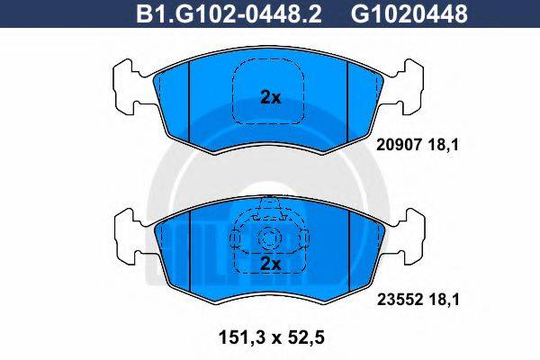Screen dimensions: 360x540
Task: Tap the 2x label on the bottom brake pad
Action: pyautogui.click(x=270, y=263)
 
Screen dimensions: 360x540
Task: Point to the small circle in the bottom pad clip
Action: pyautogui.click(x=269, y=239)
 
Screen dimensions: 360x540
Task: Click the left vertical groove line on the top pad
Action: pyautogui.click(x=188, y=99)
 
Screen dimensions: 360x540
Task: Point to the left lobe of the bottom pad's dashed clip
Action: pyautogui.click(x=236, y=239)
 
